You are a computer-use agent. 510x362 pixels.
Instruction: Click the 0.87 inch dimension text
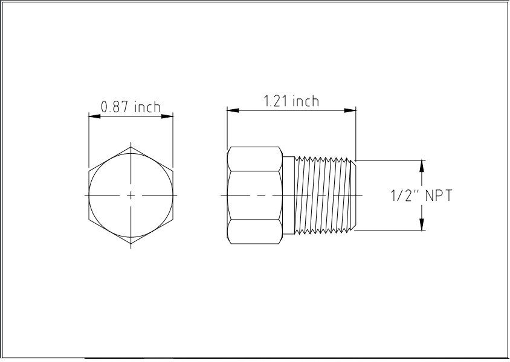coord(131,107)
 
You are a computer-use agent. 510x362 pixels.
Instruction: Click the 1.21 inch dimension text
coord(291,101)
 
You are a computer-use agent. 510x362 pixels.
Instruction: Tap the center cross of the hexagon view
coord(132,195)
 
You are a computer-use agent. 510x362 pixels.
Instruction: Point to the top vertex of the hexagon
coord(132,146)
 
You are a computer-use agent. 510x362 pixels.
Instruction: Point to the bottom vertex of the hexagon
coord(132,245)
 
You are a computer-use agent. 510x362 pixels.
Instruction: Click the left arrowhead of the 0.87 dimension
coord(92,116)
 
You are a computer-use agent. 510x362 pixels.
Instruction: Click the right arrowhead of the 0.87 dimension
coord(170,116)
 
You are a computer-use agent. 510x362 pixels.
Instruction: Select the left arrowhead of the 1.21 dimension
coord(231,110)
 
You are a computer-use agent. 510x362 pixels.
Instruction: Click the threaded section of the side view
coord(323,195)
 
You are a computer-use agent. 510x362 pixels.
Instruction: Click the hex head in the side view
coord(254,195)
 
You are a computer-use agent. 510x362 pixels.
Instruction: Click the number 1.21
coord(276,101)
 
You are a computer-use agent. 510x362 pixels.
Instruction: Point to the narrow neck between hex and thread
coord(288,195)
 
